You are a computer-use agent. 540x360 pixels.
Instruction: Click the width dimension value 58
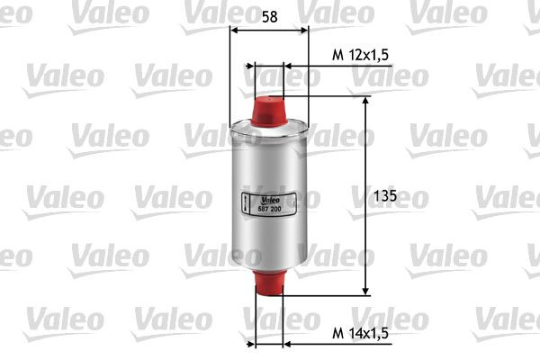click(269, 16)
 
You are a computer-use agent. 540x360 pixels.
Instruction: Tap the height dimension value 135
click(384, 195)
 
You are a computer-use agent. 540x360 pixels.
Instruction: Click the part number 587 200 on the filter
click(270, 208)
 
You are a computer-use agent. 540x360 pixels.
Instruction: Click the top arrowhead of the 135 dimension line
click(365, 101)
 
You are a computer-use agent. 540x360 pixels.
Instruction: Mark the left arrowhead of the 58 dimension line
click(235, 29)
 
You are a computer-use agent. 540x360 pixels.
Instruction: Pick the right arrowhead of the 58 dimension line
click(304, 29)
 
